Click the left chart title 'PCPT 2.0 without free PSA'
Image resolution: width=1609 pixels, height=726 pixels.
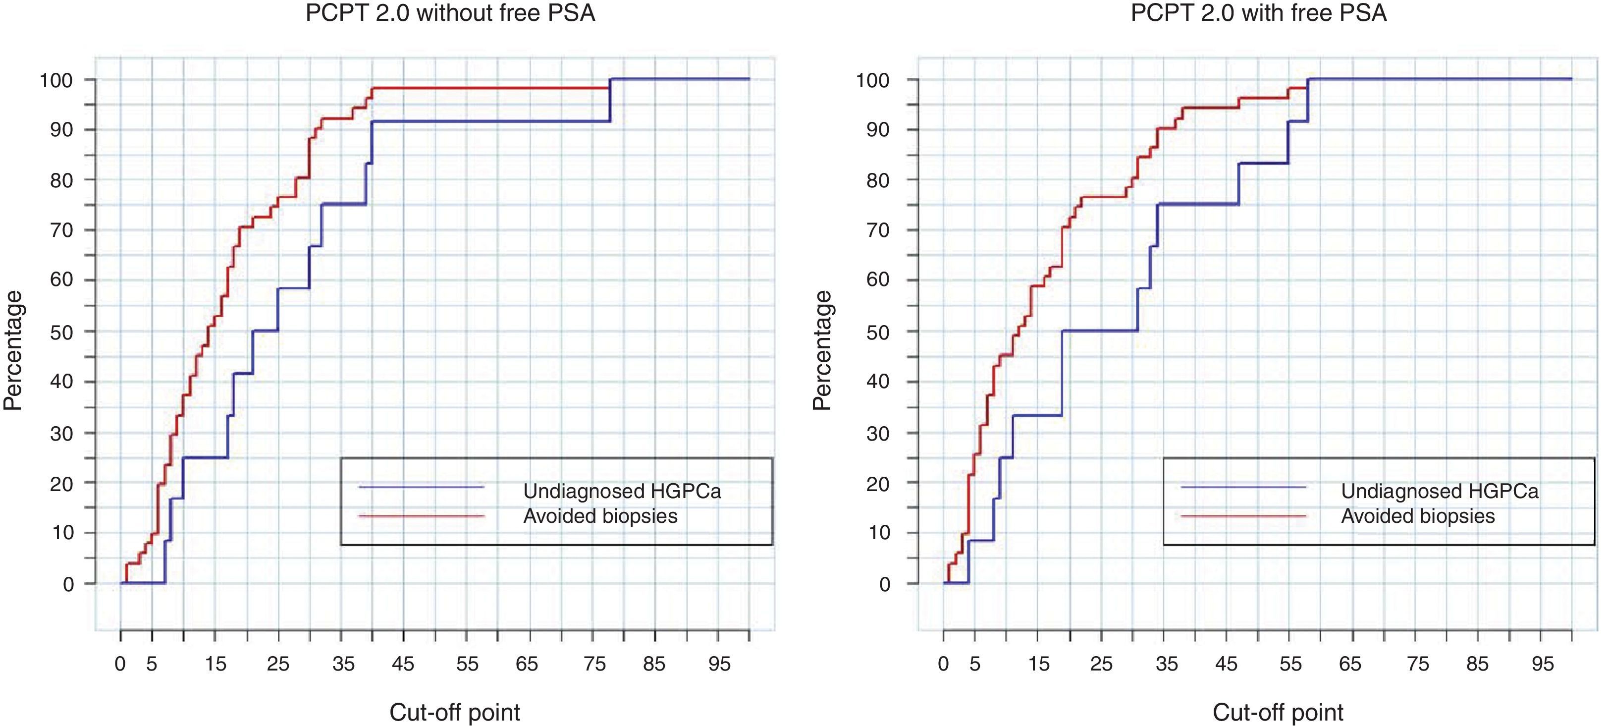pos(450,13)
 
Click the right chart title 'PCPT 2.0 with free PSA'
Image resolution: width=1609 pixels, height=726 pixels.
pos(1259,13)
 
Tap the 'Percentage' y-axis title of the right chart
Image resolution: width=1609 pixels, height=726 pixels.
pos(823,350)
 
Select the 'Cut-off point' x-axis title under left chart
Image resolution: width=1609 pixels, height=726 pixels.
pos(455,712)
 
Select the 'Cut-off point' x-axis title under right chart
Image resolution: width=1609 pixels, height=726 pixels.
pos(1278,712)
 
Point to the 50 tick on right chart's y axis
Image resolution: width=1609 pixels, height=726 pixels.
pos(879,332)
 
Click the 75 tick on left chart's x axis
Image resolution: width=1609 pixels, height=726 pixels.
pos(594,664)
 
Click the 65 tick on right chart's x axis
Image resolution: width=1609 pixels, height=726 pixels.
pos(1350,664)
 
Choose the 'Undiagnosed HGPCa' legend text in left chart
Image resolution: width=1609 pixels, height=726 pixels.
pos(622,491)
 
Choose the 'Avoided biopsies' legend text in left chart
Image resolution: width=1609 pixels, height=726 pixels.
pos(600,516)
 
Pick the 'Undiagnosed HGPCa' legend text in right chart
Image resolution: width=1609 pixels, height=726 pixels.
pos(1440,491)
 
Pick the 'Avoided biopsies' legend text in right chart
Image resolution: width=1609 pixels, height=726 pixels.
pos(1418,516)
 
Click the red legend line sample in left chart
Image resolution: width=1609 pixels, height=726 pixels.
pos(422,516)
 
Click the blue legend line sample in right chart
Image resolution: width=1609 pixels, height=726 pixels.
pos(1243,487)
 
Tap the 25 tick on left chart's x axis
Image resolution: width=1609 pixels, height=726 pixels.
pos(278,664)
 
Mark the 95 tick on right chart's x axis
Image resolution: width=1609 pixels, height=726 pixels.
pos(1542,664)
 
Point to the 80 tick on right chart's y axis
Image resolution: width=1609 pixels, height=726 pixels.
pos(879,180)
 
